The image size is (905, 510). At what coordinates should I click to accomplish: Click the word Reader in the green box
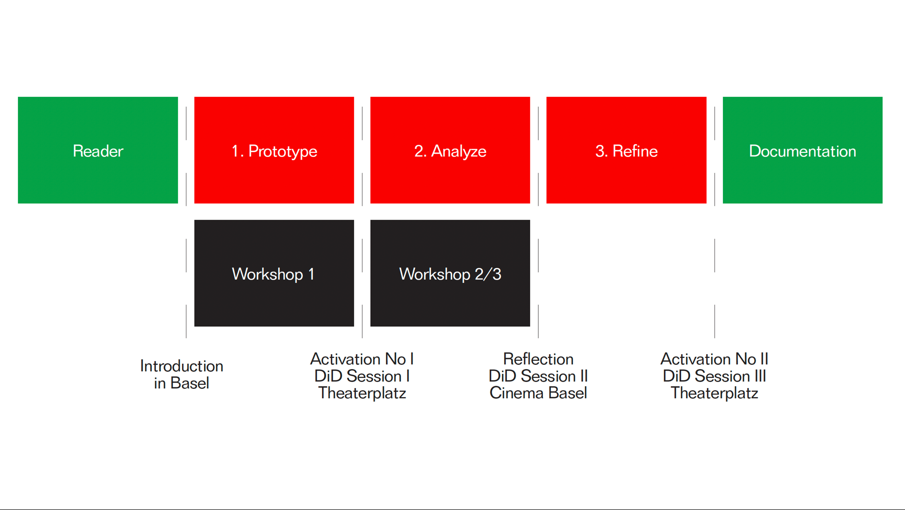(98, 151)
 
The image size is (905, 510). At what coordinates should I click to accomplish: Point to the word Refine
(635, 151)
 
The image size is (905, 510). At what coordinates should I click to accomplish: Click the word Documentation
(802, 151)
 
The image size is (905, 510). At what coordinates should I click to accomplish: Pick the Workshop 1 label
(273, 274)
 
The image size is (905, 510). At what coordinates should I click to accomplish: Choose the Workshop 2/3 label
(450, 274)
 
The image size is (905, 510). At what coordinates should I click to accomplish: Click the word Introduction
(182, 366)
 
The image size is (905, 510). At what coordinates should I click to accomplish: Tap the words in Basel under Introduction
(182, 383)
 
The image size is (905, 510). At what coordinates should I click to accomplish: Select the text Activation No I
(362, 359)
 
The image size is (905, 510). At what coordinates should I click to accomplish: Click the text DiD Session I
(362, 376)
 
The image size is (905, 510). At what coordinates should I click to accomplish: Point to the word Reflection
(538, 359)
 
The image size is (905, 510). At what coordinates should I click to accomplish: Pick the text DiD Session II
(538, 376)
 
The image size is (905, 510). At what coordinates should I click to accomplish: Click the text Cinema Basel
(538, 393)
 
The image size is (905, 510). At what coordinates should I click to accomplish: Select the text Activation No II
(714, 359)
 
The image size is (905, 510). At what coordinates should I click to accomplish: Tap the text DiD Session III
(714, 376)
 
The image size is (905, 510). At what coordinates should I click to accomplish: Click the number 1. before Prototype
(238, 151)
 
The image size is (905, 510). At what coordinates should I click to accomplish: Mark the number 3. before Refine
(601, 151)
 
